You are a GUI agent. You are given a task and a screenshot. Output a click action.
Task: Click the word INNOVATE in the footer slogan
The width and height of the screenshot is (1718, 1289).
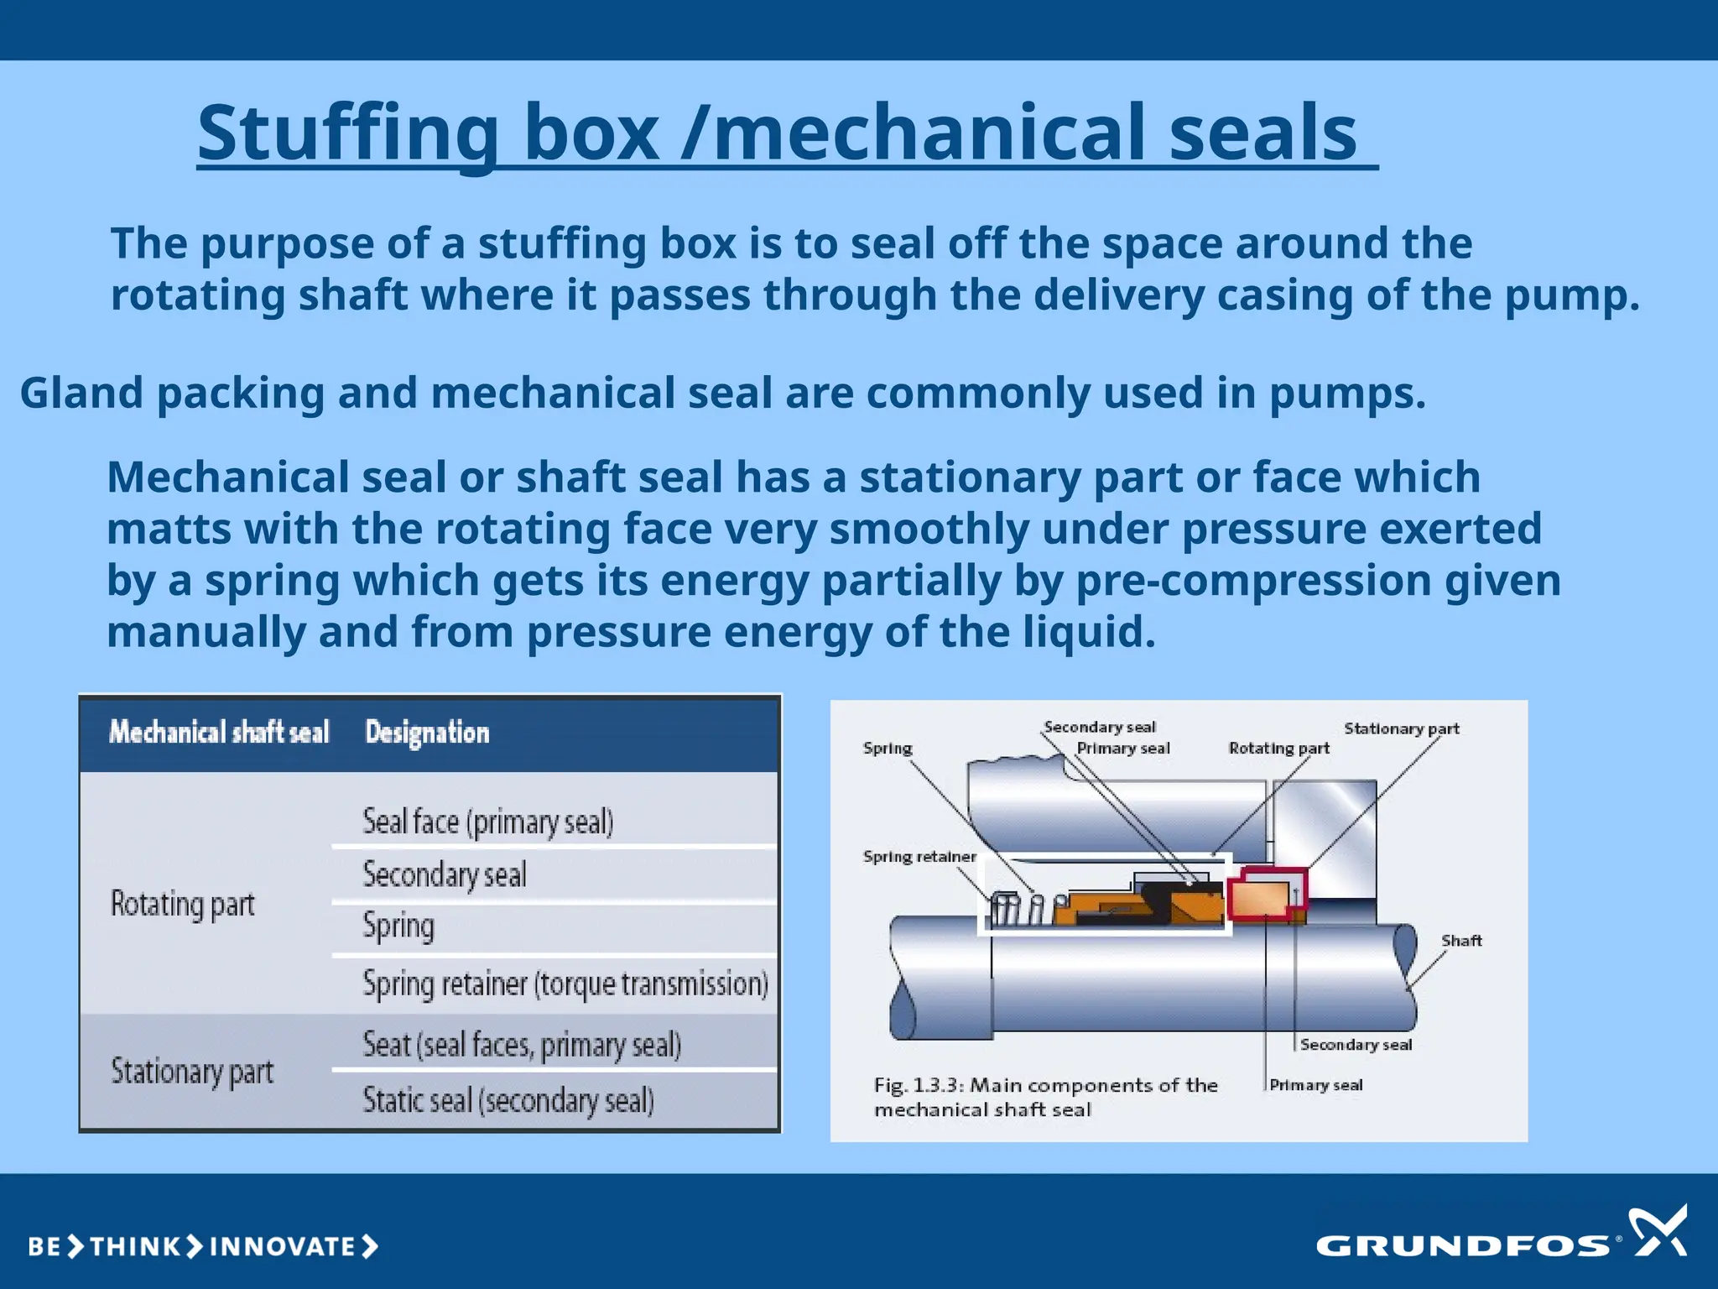tap(282, 1246)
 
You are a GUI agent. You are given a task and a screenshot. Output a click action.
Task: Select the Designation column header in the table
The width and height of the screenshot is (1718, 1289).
tap(427, 733)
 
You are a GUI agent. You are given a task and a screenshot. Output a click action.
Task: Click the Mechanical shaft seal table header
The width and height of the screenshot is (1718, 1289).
tap(219, 733)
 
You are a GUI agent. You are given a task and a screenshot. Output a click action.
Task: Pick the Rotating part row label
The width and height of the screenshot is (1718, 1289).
tap(183, 905)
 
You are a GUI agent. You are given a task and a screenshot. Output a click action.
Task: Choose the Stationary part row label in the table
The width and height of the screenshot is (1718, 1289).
tap(192, 1072)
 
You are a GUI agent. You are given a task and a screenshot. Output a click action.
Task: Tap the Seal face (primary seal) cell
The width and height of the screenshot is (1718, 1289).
tap(487, 822)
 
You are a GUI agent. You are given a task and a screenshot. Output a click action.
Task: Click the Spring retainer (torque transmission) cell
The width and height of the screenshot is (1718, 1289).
tap(565, 984)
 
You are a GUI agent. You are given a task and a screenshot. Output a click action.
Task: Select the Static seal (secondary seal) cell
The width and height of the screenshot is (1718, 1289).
tap(508, 1100)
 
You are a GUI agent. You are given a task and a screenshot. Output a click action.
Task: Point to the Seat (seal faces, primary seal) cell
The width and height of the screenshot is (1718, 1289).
tap(521, 1045)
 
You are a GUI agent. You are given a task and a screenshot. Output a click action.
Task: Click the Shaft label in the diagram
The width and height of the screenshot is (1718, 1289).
tap(1461, 941)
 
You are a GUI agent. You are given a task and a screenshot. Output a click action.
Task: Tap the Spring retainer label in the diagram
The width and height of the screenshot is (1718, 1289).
tap(919, 857)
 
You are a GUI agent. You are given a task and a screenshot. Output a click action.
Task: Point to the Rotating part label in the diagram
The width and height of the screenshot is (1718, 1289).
tap(1278, 748)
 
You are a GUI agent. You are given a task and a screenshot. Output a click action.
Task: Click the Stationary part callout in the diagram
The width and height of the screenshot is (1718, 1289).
tap(1401, 728)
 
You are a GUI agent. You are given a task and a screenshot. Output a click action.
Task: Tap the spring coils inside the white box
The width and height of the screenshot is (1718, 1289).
tap(1015, 909)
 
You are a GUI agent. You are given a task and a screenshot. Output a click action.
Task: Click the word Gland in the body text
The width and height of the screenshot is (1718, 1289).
tap(81, 393)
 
